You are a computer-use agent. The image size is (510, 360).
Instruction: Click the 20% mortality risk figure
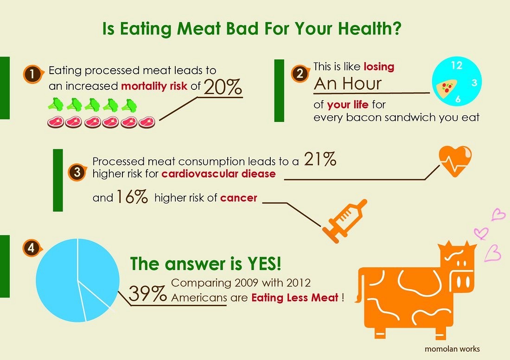(x=223, y=86)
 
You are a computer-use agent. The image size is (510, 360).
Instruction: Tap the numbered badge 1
(x=32, y=74)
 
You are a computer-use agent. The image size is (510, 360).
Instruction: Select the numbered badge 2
(x=300, y=72)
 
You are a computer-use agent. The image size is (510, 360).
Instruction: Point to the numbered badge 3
(x=76, y=173)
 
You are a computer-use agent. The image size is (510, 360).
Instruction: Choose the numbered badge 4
(x=31, y=248)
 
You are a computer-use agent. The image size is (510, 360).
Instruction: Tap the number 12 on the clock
(x=456, y=65)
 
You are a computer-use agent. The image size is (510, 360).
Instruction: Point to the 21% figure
(x=320, y=160)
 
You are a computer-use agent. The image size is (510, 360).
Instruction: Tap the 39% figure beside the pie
(x=147, y=293)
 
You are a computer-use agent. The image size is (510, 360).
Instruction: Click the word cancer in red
(x=238, y=198)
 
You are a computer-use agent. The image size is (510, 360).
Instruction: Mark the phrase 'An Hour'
(x=348, y=83)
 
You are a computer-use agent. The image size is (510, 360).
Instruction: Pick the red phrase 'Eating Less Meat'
(x=295, y=297)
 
